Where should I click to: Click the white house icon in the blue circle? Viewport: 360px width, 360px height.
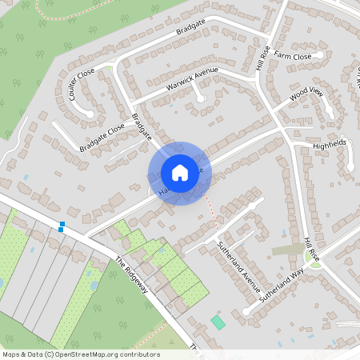pyautogui.click(x=179, y=173)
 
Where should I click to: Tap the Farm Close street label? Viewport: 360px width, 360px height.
pyautogui.click(x=292, y=57)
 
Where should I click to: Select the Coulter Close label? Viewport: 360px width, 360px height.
pyautogui.click(x=82, y=83)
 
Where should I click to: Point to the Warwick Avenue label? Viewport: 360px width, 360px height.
pyautogui.click(x=192, y=82)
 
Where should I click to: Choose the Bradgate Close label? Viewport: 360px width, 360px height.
pyautogui.click(x=102, y=138)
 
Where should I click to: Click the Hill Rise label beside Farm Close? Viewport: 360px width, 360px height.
pyautogui.click(x=263, y=60)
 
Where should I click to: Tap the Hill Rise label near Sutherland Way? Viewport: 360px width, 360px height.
pyautogui.click(x=311, y=248)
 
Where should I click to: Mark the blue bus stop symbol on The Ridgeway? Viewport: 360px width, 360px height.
pyautogui.click(x=62, y=226)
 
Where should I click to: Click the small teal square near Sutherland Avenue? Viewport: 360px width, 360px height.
pyautogui.click(x=218, y=322)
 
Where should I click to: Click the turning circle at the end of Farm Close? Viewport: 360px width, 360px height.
pyautogui.click(x=320, y=54)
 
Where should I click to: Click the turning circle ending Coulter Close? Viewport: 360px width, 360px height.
pyautogui.click(x=89, y=113)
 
